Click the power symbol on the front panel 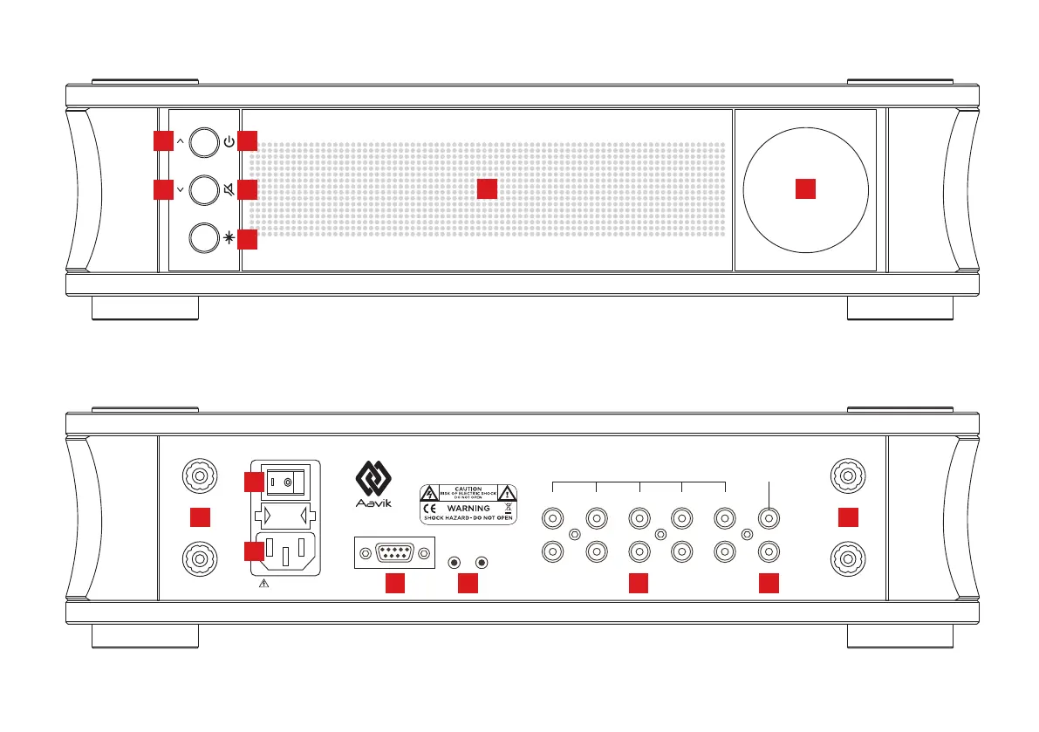229,141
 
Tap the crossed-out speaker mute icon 229,188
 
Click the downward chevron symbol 179,188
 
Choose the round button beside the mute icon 202,188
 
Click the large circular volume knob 804,189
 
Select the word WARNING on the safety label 468,507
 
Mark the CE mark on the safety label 431,507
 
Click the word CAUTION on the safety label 468,489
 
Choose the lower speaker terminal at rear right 847,556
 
